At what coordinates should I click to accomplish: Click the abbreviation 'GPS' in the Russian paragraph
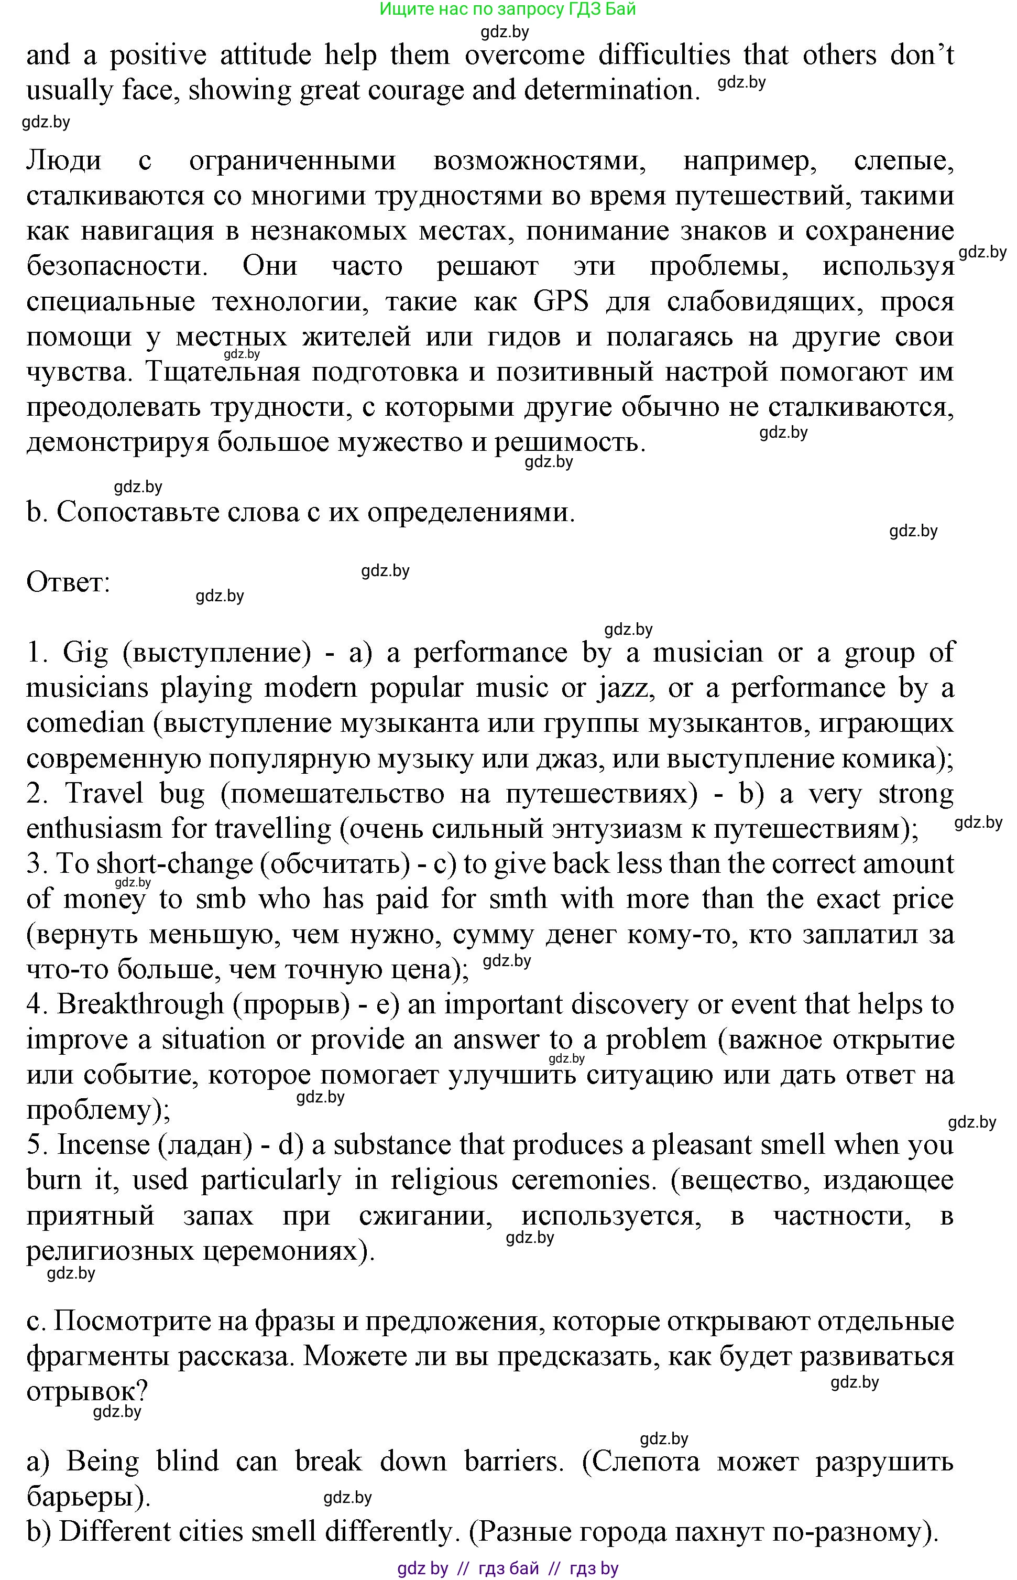[561, 302]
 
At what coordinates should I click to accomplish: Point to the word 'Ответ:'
[68, 582]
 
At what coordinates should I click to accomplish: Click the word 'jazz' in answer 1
[626, 688]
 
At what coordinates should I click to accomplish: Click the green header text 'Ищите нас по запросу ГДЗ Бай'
[507, 9]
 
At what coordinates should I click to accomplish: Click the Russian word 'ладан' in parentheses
[205, 1145]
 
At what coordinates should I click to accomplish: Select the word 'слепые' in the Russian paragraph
[903, 160]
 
